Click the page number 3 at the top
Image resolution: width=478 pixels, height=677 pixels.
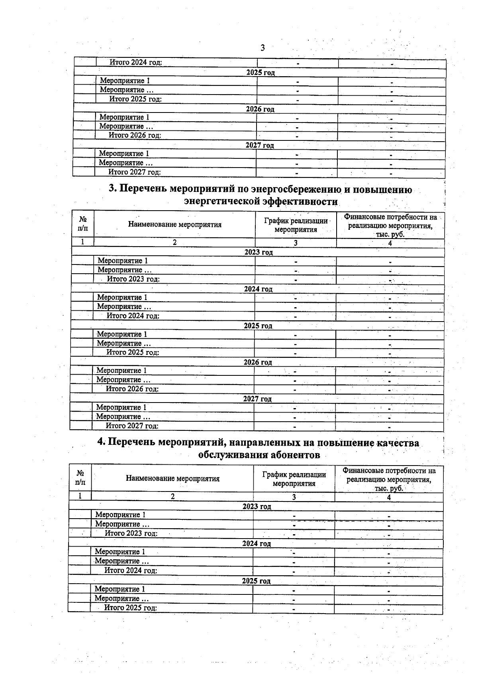coord(263,48)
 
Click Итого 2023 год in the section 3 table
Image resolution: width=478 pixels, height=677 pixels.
coord(133,279)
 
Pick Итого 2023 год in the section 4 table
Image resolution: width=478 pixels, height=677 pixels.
coord(131,533)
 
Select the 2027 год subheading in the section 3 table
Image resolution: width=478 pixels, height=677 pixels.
coord(257,399)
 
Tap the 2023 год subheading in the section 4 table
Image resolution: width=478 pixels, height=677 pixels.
coord(257,507)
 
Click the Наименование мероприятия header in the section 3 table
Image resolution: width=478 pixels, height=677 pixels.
coord(174,225)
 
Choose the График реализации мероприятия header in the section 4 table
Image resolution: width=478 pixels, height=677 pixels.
coord(294,479)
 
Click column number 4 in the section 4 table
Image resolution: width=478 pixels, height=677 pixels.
coord(389,497)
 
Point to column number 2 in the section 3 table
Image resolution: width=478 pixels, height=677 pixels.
coord(174,243)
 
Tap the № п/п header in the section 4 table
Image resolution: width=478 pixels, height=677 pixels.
coord(80,478)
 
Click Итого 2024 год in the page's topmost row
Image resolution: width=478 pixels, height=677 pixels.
coord(135,63)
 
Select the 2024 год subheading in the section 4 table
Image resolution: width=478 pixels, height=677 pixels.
coord(257,544)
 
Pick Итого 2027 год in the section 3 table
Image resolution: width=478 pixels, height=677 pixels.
coord(132,426)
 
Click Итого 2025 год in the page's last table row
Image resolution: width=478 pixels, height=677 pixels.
coord(130,608)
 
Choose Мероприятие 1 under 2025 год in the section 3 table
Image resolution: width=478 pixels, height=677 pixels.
coord(122,334)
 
